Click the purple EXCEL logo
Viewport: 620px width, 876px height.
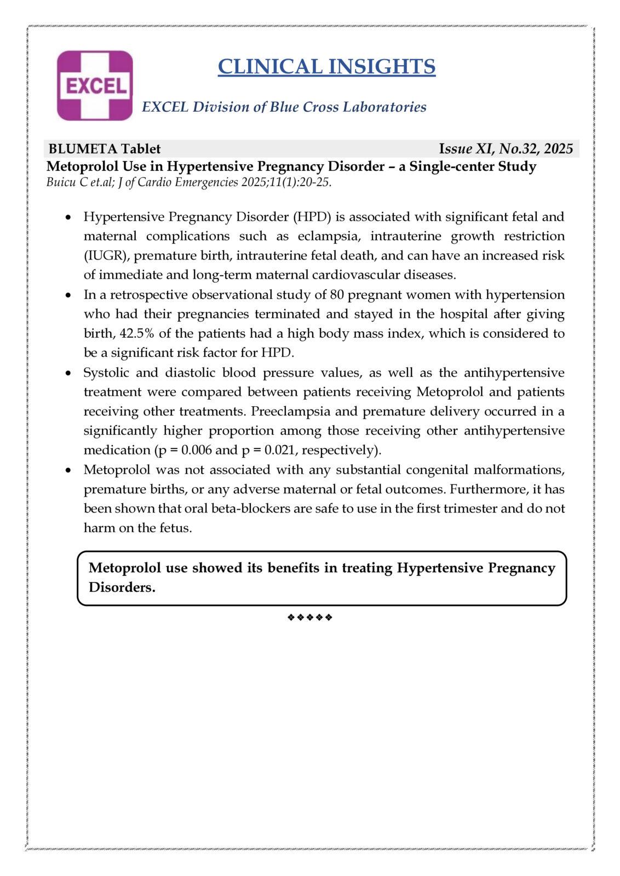[95, 85]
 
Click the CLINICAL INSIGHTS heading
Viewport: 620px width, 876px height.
[326, 67]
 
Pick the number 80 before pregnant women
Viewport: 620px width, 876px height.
[337, 295]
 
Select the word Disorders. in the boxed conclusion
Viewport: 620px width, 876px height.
[122, 587]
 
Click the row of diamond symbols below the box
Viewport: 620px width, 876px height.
[309, 618]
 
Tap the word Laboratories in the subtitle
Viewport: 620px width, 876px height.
[384, 107]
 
